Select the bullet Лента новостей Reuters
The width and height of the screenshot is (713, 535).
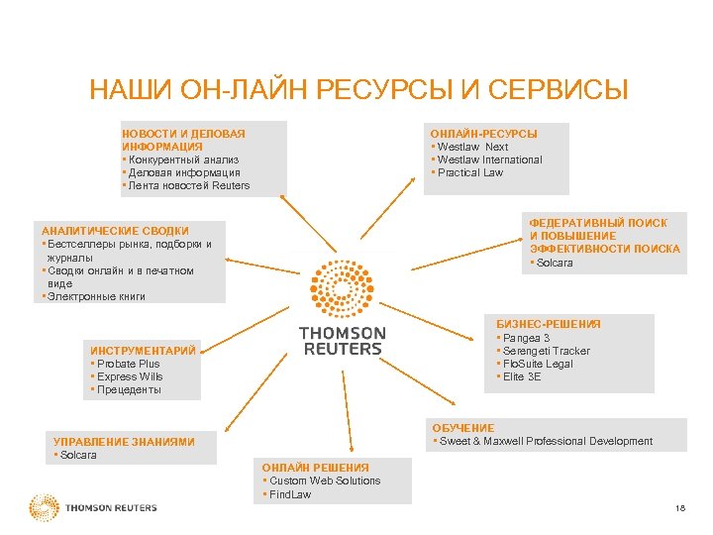[x=187, y=185]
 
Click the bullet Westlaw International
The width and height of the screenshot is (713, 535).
[x=489, y=160]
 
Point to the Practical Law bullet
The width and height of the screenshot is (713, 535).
[x=469, y=172]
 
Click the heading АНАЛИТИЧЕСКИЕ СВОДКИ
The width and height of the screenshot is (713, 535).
[x=115, y=231]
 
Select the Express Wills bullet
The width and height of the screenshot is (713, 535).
[x=130, y=376]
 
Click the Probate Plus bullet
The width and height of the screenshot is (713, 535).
[x=128, y=364]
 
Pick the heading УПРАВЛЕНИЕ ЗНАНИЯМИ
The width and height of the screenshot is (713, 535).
[x=123, y=442]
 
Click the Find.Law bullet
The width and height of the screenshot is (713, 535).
[x=289, y=493]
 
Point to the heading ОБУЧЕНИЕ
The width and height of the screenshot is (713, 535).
[x=462, y=428]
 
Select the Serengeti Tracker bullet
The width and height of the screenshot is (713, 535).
[x=546, y=351]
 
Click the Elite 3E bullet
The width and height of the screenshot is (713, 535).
[x=525, y=376]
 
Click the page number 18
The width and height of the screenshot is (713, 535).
[x=678, y=509]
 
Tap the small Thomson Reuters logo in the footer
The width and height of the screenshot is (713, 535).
[x=93, y=508]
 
